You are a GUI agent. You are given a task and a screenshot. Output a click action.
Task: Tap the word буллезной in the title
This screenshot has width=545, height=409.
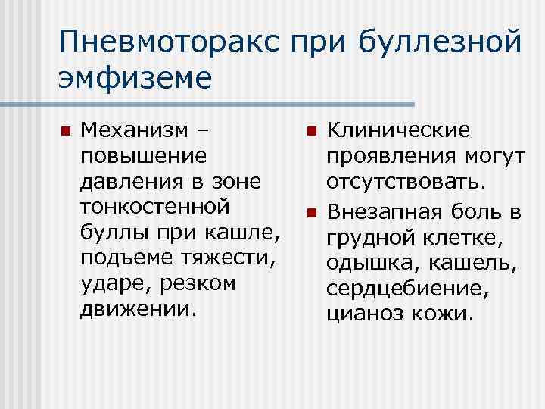point(439,43)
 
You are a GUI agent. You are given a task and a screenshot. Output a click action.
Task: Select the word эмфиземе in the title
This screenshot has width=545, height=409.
point(135,78)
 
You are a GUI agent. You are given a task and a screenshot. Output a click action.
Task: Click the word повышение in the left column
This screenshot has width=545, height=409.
point(142,157)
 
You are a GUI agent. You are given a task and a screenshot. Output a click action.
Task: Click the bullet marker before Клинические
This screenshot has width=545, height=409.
point(310,132)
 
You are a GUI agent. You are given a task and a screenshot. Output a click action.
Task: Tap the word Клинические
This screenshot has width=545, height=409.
point(397,130)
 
